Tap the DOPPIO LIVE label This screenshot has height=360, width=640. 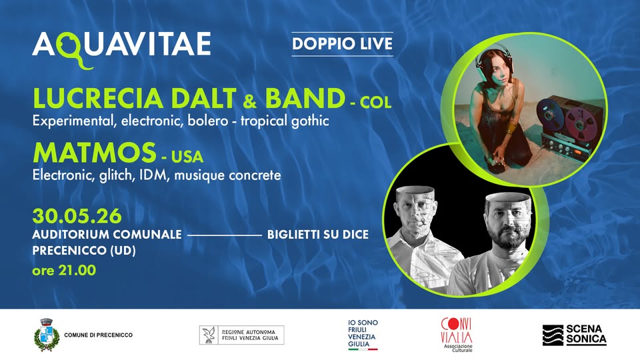pos(342,44)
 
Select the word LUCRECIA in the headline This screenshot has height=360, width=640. pos(97,99)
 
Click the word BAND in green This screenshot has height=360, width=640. pos(305,99)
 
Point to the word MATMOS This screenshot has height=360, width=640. pos(94,153)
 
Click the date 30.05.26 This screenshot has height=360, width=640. pos(77,216)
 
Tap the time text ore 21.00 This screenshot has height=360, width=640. pos(64,270)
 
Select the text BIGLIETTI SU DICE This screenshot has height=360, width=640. pos(318,234)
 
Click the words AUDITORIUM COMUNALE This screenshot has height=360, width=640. pos(107,234)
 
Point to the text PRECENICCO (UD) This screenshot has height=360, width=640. pos(84,250)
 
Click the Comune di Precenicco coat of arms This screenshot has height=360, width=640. pos(47,335)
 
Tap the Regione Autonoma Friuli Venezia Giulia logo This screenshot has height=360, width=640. pos(241,335)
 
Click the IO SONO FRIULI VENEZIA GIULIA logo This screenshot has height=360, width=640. pos(363,334)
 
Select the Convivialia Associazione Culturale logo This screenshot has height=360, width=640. pos(457,335)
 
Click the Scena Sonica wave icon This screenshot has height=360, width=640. pos(553,335)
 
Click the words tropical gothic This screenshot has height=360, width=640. pos(285,121)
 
